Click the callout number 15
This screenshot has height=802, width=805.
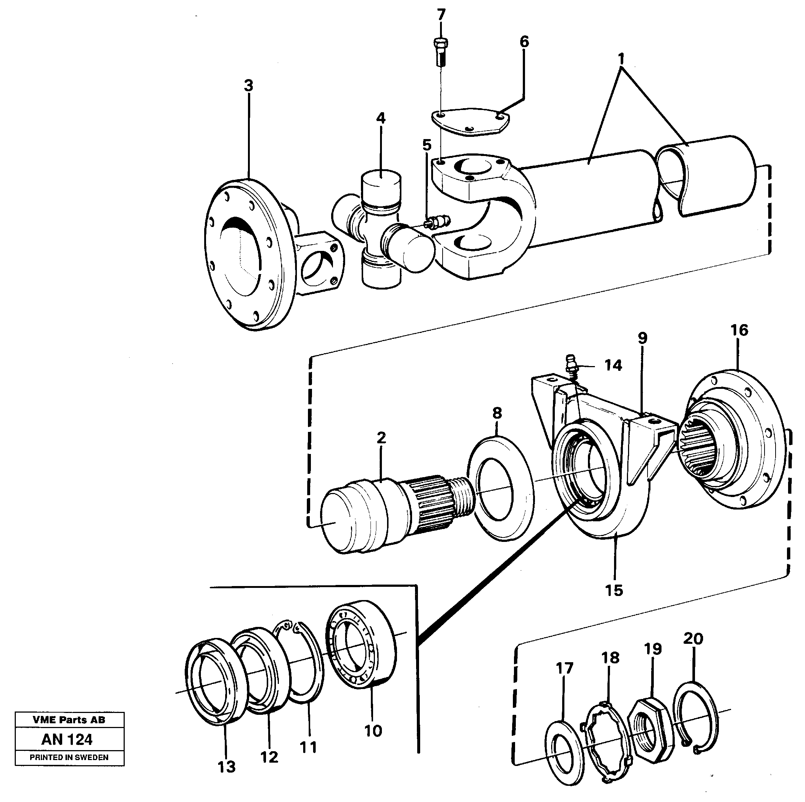614,590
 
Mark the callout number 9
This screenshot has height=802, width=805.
642,338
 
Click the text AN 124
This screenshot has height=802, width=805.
67,739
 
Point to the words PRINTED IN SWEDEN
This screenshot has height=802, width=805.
69,757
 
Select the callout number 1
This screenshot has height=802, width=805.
621,59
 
